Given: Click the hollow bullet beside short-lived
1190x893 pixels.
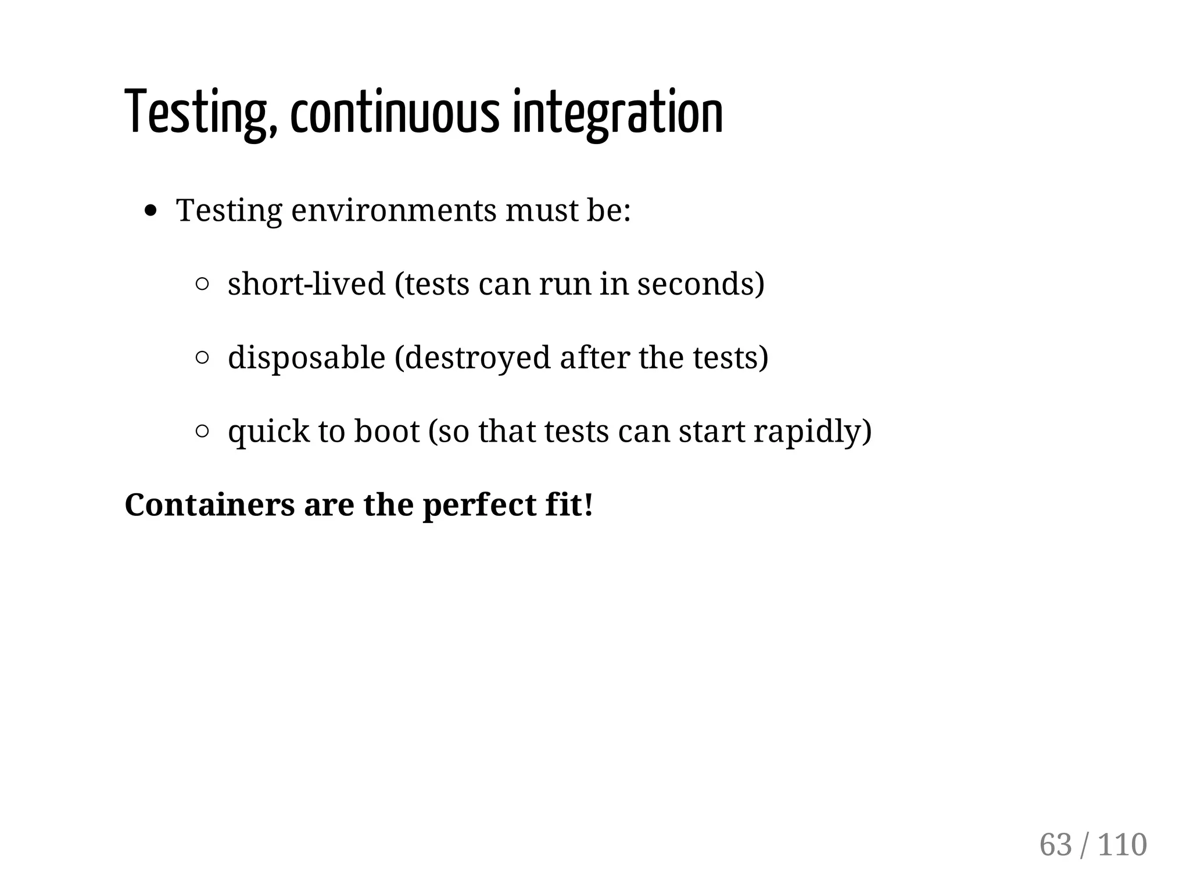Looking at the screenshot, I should click(202, 284).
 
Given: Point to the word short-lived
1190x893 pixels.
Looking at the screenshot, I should click(306, 284).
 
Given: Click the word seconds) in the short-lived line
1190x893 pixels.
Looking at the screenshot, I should click(701, 284).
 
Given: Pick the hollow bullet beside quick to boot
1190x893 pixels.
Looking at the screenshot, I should click(202, 431).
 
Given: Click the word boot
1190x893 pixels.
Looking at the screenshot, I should click(386, 431).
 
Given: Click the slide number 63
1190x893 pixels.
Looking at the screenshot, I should click(1055, 845).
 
